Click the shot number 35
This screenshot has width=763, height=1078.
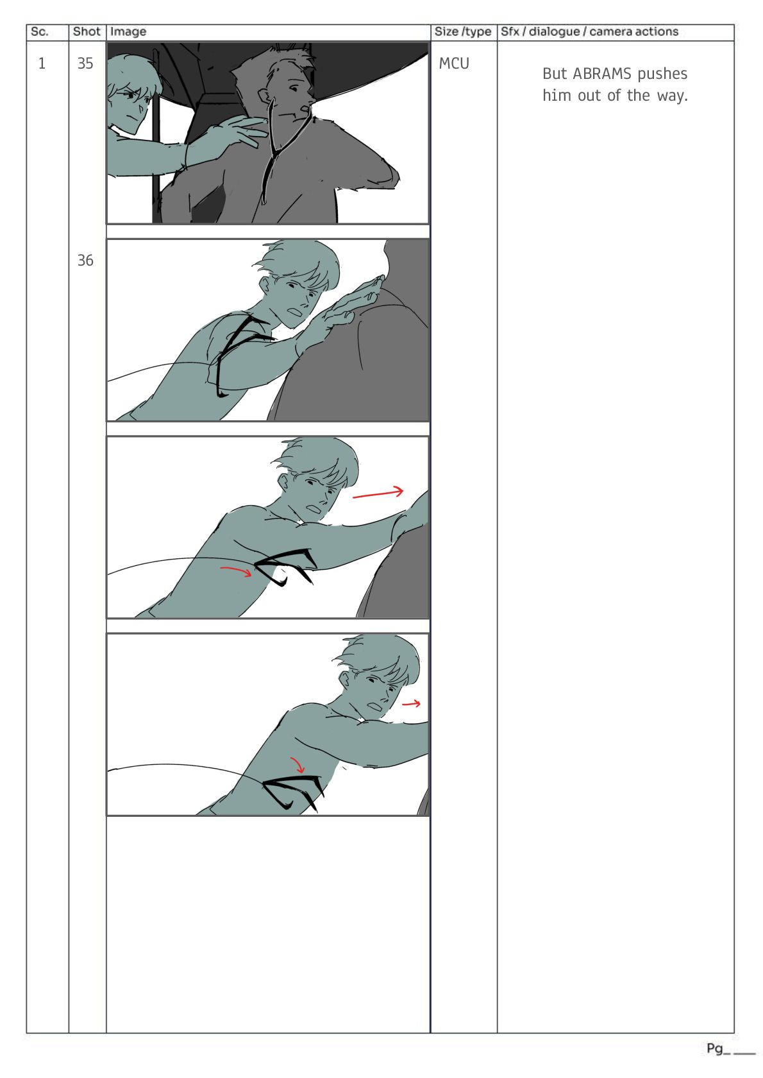[85, 64]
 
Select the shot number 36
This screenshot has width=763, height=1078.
[85, 261]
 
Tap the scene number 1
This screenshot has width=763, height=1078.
[42, 64]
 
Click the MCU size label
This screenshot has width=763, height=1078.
[453, 64]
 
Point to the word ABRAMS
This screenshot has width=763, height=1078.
[601, 74]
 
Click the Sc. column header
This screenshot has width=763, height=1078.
[39, 32]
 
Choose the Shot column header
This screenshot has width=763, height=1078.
[87, 32]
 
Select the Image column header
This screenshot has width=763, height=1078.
[128, 32]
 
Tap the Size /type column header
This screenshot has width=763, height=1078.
[462, 32]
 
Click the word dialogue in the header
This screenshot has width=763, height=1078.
[554, 32]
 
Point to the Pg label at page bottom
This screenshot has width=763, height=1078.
[714, 1048]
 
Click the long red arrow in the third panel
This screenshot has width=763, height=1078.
[378, 493]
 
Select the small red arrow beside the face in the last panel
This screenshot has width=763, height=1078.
[411, 703]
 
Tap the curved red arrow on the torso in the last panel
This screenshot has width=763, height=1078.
[298, 765]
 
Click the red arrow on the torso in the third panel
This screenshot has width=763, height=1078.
[236, 571]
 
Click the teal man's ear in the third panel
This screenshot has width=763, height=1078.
[283, 481]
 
